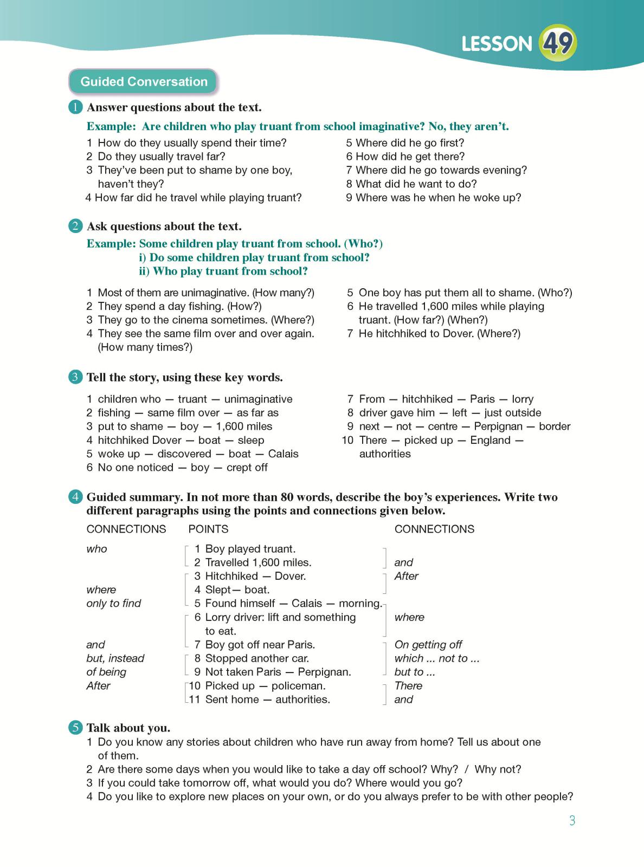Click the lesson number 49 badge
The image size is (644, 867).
[x=558, y=43]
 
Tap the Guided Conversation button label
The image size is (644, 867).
[x=144, y=82]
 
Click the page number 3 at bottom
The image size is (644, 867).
[x=572, y=820]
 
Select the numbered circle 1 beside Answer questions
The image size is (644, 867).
[x=76, y=107]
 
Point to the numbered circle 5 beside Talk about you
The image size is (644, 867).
[x=76, y=728]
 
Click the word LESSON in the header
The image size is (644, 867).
[x=497, y=44]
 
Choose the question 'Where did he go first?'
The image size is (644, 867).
[x=410, y=143]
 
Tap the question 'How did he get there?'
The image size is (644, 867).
[x=410, y=157]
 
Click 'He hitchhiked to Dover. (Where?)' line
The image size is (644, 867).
[x=439, y=334]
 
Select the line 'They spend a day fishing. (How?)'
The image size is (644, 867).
[x=179, y=307]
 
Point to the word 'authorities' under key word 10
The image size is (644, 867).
[x=385, y=454]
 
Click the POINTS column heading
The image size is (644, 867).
[x=208, y=529]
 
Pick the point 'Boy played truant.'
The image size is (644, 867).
[x=250, y=549]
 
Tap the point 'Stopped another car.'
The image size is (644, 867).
[x=257, y=658]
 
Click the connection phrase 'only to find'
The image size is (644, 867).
[x=114, y=604]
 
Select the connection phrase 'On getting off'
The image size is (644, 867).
[x=428, y=645]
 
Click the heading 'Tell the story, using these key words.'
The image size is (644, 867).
[x=184, y=378]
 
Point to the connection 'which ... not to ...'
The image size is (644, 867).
[x=437, y=658]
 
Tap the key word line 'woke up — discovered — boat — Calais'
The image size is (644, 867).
[x=198, y=454]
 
